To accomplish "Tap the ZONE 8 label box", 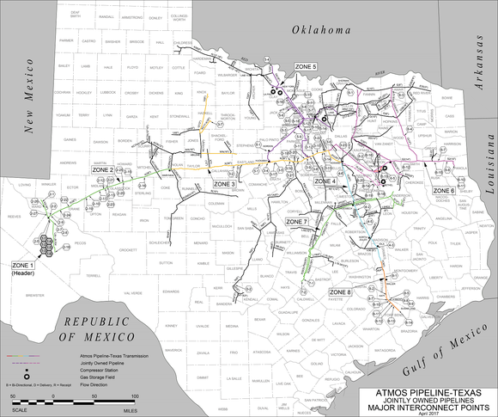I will click(340, 292).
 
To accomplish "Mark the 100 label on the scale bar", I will click(135, 396).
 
